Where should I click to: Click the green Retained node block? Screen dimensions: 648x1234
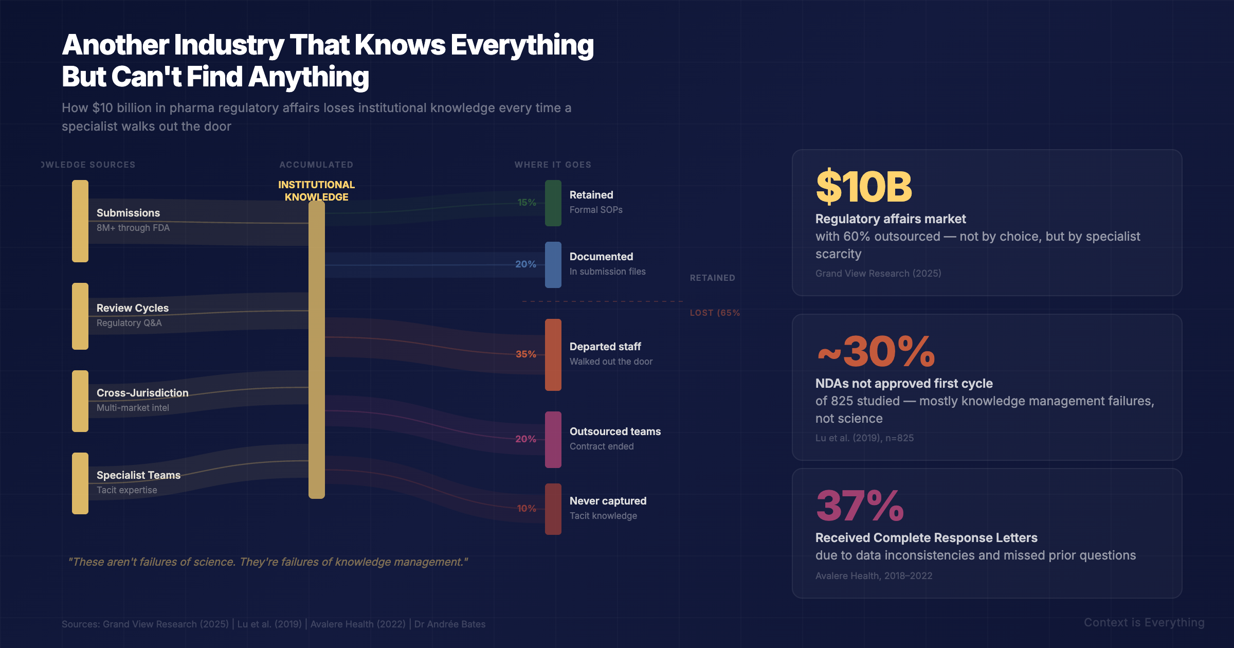coord(553,203)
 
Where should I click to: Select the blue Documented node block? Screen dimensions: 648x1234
coord(553,265)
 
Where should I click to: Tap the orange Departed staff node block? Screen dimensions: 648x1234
coord(553,355)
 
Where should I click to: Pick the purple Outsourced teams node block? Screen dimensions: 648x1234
coord(553,440)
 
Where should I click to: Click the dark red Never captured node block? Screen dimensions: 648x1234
coord(553,509)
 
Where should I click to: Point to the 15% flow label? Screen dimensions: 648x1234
coord(527,203)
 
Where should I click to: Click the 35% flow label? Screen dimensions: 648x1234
coord(525,354)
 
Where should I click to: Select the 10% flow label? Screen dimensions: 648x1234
coord(527,509)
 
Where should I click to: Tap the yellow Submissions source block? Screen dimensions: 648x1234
coord(80,221)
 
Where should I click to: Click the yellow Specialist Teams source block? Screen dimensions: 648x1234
coord(80,483)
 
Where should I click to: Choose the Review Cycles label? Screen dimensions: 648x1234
coord(133,308)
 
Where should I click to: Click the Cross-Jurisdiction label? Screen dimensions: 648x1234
coord(142,393)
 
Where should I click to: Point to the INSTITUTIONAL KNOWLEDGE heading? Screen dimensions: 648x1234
coord(316,191)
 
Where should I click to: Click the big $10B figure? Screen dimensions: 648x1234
coord(864,187)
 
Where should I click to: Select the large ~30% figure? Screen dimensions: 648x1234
coord(876,352)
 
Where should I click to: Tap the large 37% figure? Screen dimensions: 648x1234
coord(860,506)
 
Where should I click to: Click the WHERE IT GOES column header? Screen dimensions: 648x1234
coord(553,165)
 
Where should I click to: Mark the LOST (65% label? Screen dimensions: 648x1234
coord(715,313)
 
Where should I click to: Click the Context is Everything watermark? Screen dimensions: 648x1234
coord(1144,623)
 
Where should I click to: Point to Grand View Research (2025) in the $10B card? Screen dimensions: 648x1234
coord(878,274)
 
